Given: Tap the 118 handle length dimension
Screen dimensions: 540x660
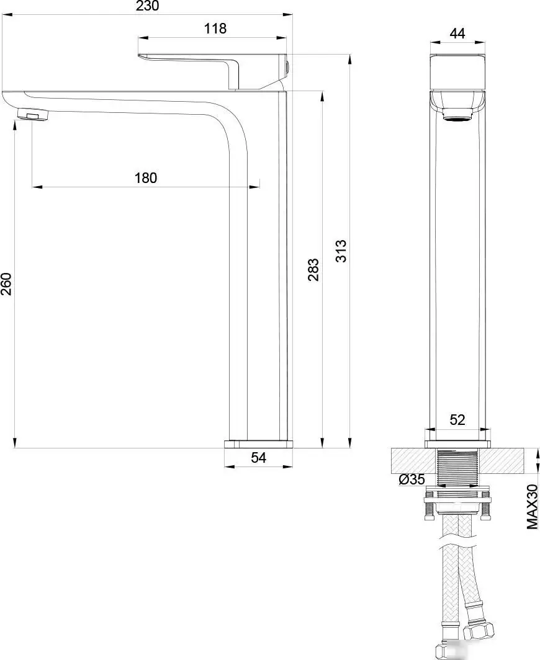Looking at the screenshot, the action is [x=215, y=29].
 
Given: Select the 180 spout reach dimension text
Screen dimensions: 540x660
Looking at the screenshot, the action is [x=146, y=178].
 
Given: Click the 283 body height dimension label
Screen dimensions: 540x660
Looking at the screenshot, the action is [x=313, y=270].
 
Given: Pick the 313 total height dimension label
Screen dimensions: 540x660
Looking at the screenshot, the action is [x=341, y=251].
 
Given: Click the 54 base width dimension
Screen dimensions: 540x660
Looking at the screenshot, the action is [x=259, y=458].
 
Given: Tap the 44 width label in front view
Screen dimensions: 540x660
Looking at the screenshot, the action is [x=457, y=33].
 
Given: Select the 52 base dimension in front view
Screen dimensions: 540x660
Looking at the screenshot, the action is [x=457, y=420].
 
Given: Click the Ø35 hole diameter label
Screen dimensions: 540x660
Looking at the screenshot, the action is [x=412, y=479].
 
